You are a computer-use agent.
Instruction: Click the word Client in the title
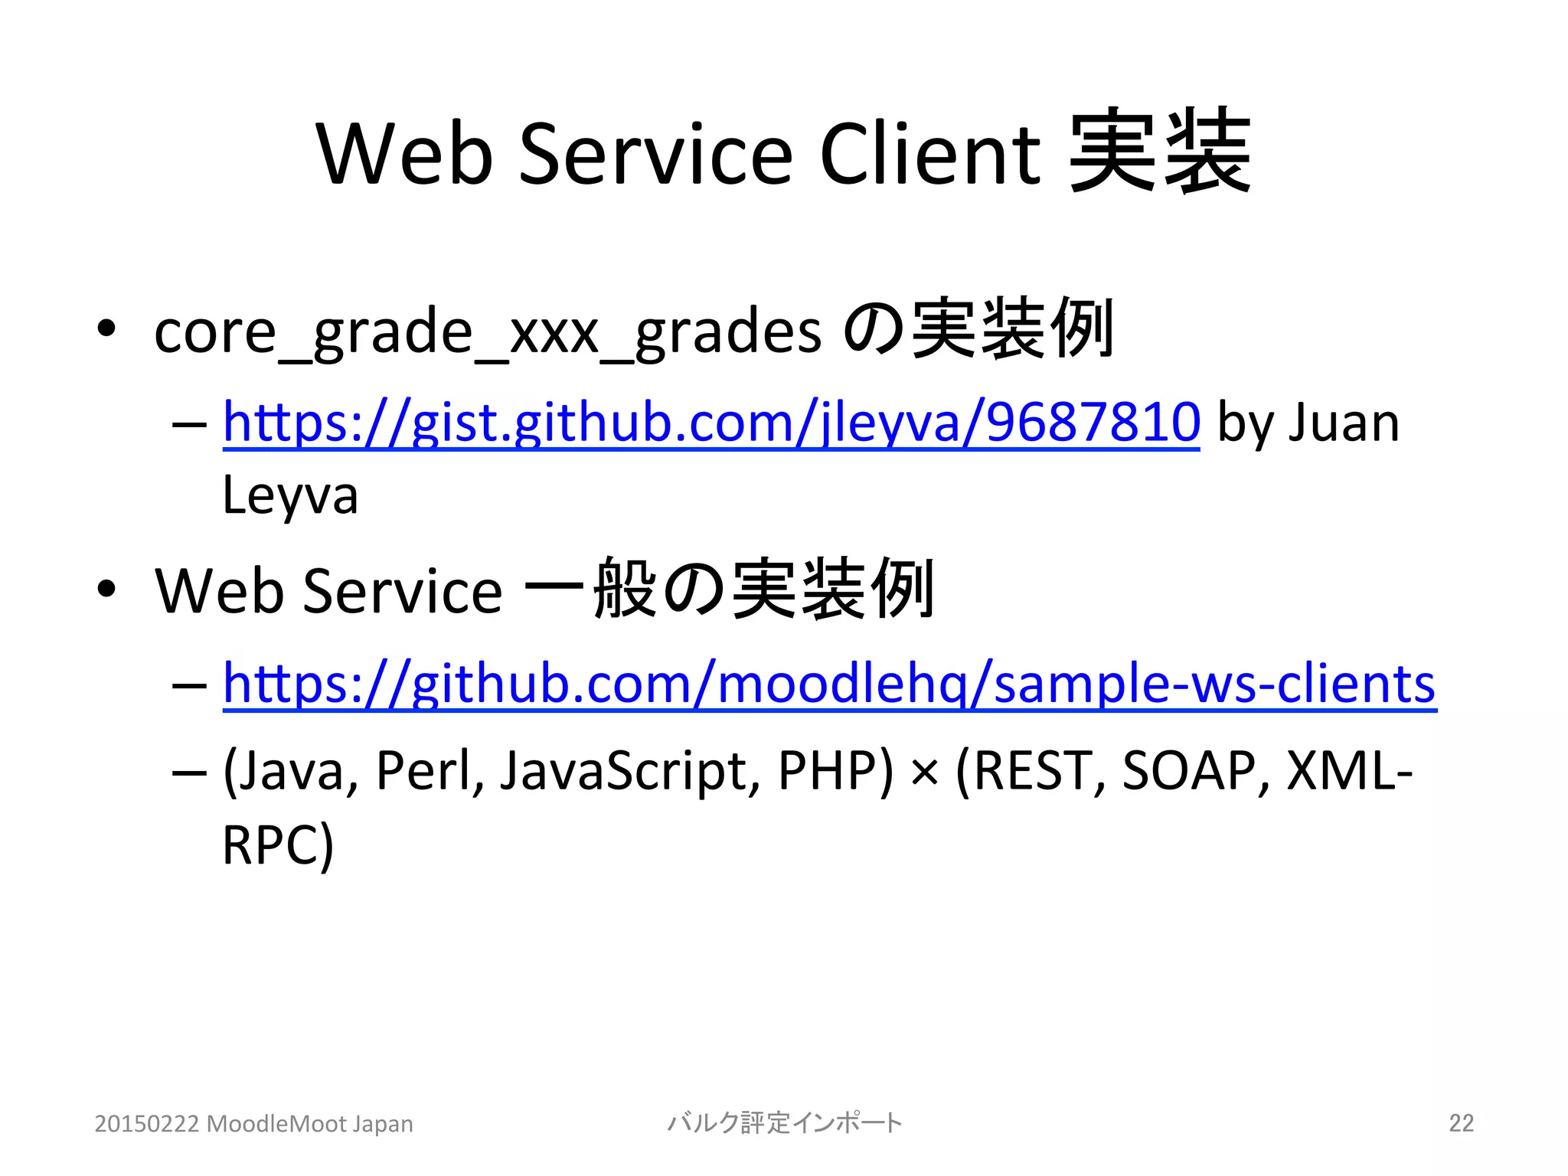(929, 155)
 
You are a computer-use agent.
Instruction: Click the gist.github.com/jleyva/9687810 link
(710, 423)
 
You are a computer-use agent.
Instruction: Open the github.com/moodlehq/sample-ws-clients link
(829, 683)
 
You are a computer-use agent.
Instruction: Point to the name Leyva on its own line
(290, 496)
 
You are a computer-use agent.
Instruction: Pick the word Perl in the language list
(430, 770)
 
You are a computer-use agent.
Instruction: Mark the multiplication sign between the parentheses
(924, 773)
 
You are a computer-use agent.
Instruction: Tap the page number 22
(1461, 1123)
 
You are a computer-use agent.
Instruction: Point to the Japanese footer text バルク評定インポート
(785, 1123)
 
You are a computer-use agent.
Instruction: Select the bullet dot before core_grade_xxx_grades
(106, 329)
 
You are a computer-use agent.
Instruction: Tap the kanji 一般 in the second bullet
(590, 590)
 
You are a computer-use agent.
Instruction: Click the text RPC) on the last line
(278, 845)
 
